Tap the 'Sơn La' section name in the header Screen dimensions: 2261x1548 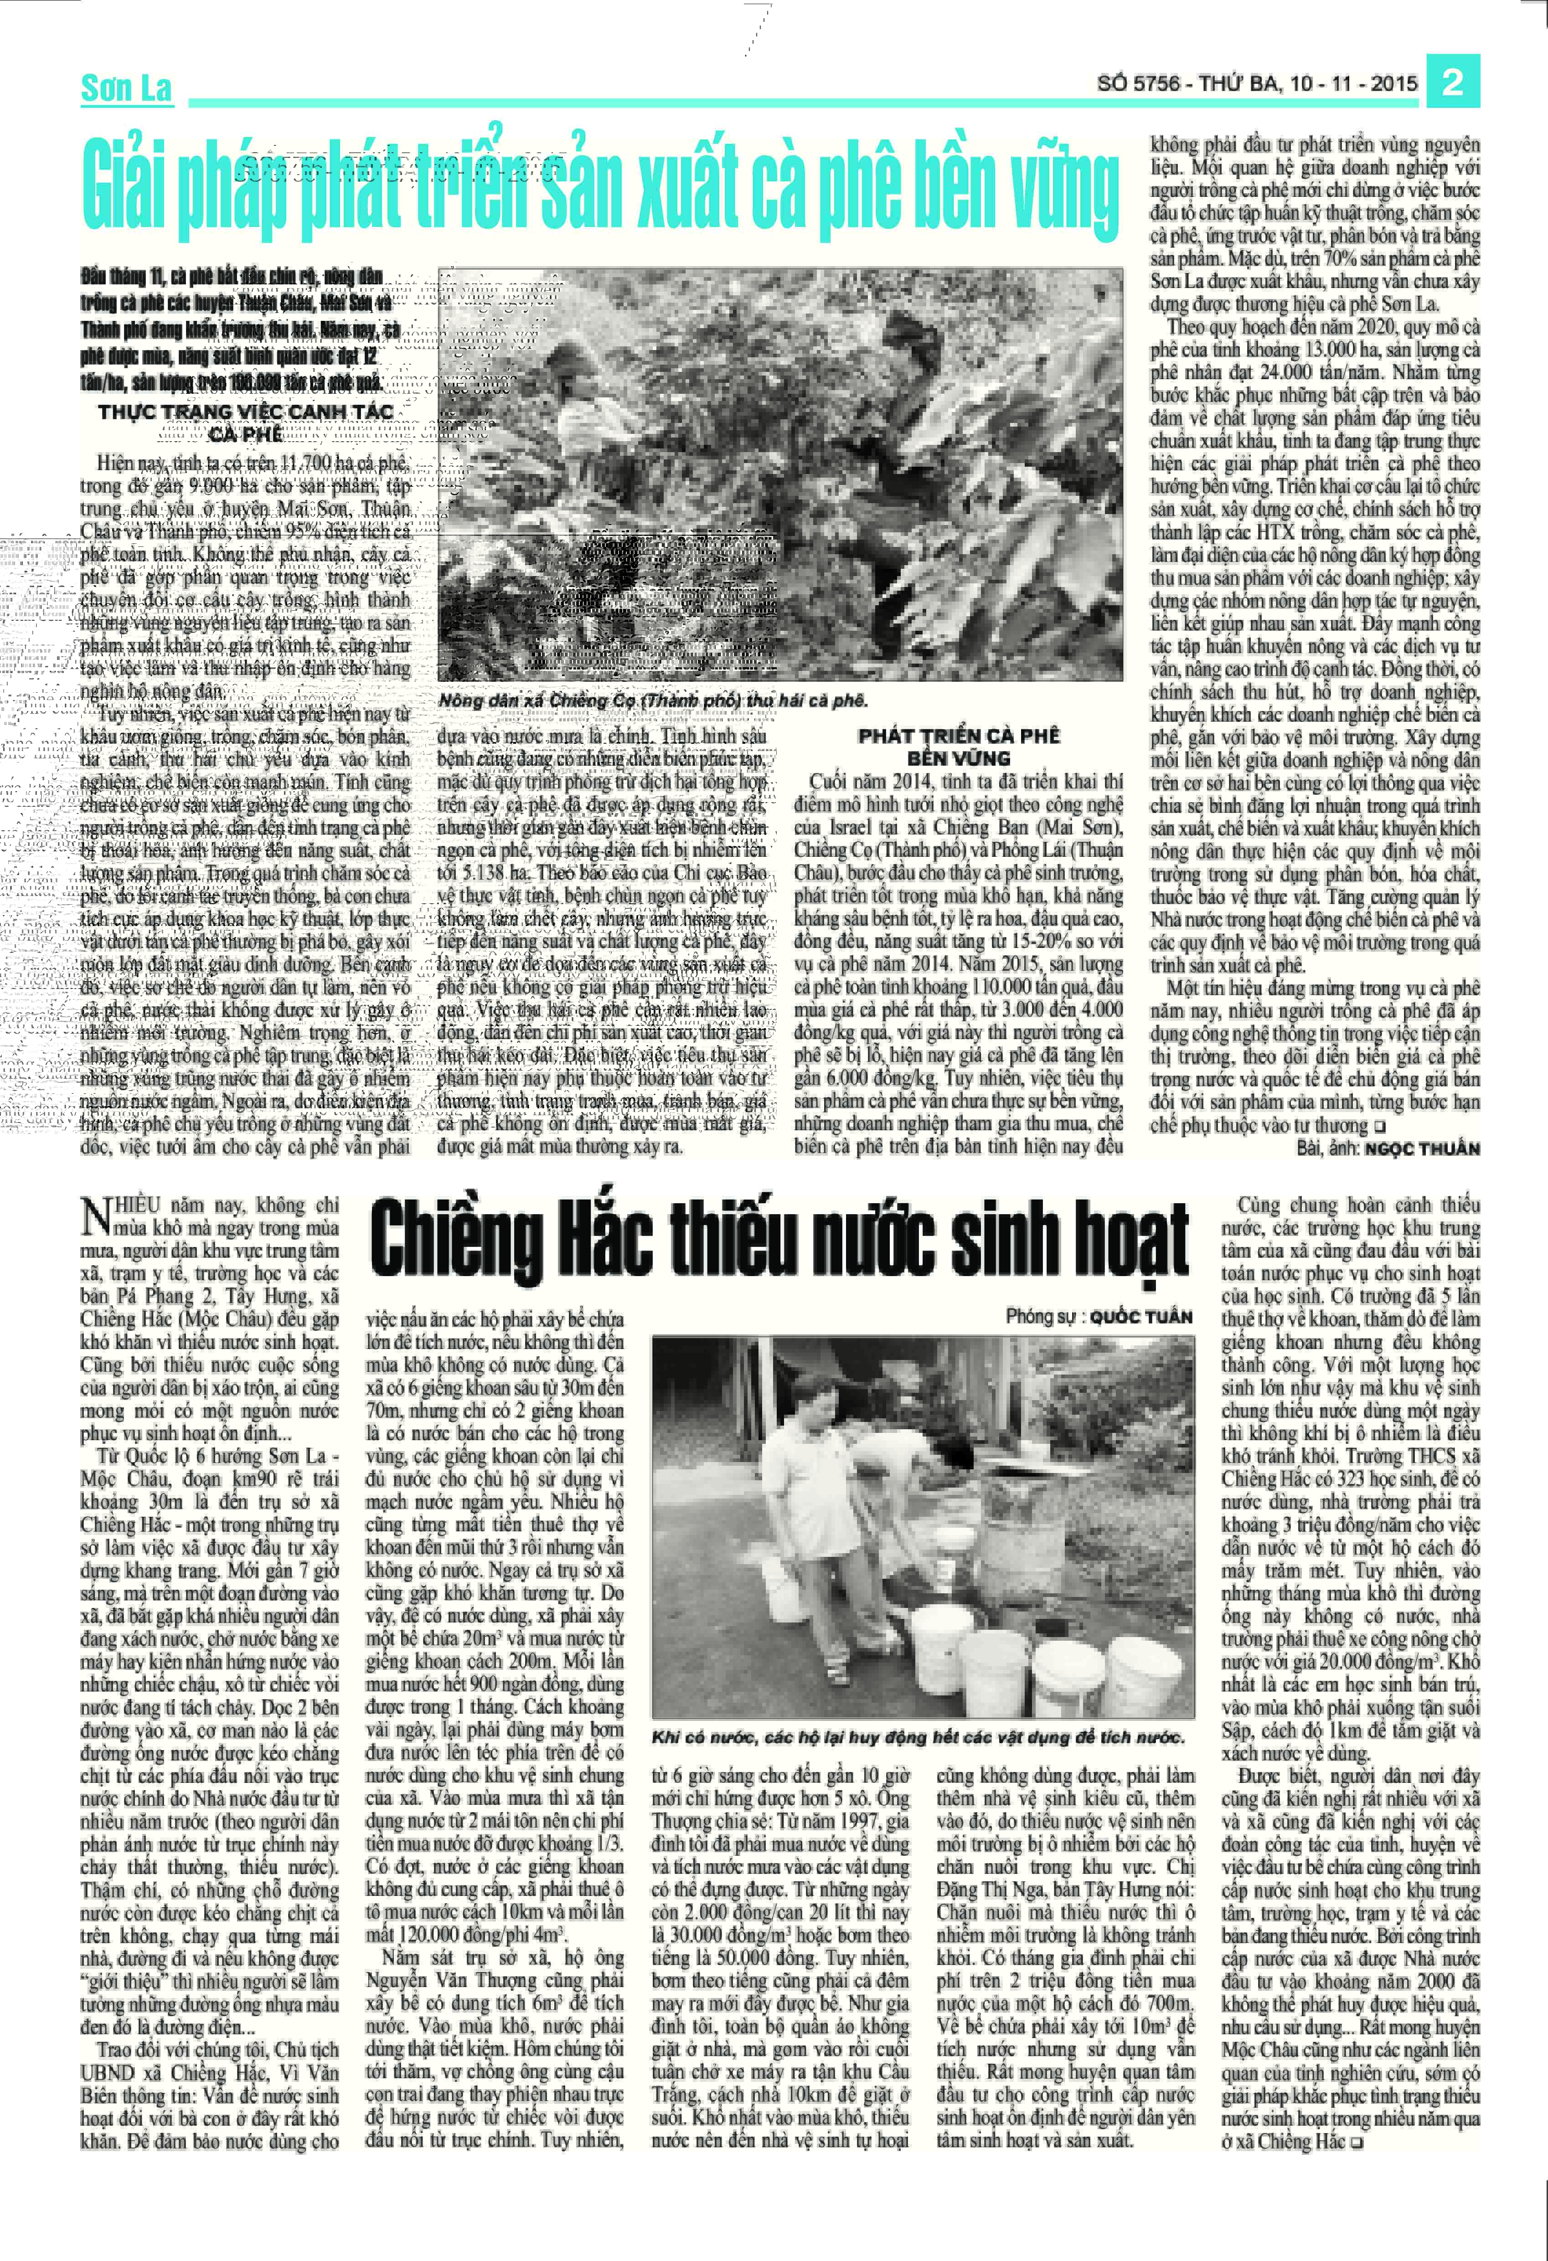[x=126, y=88]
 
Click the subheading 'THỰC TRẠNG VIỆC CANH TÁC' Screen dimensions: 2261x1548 [x=246, y=412]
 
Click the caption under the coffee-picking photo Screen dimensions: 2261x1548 [x=652, y=700]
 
